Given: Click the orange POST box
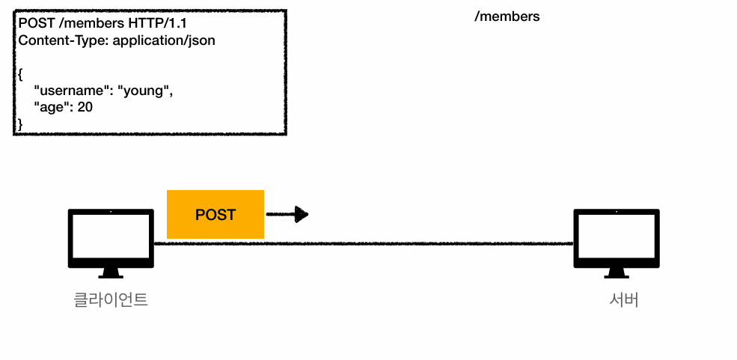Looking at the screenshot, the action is click(x=215, y=214).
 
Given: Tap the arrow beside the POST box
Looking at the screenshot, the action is click(x=287, y=214).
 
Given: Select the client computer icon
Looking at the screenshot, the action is click(x=111, y=243).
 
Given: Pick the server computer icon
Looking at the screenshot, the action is click(x=617, y=243).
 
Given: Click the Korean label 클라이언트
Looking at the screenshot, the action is click(x=111, y=300).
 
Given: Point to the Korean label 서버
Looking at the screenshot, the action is click(x=624, y=300).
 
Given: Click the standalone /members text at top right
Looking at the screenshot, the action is click(x=507, y=16).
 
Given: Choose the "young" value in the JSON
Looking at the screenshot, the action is click(x=146, y=91).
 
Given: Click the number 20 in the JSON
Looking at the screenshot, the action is click(x=85, y=107).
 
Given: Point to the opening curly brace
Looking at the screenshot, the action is click(x=21, y=74).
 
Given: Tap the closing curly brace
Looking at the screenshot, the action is click(x=20, y=124).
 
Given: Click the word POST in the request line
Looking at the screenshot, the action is click(x=37, y=23).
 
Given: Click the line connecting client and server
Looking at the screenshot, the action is click(x=364, y=243).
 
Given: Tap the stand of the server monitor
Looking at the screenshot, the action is click(x=617, y=273).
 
